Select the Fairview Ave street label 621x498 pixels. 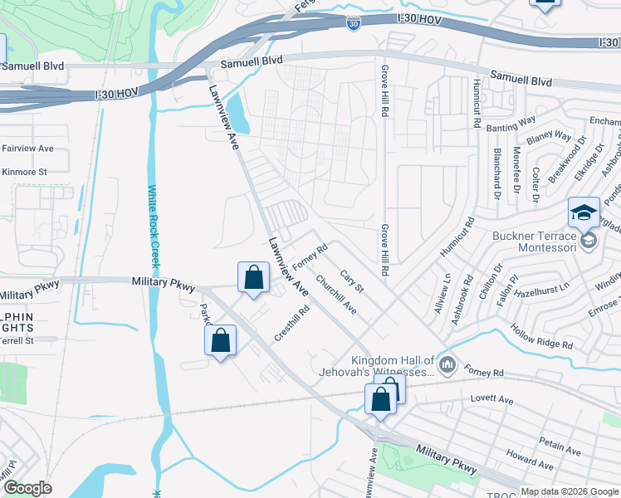tap(27, 149)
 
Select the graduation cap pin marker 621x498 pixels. tap(584, 213)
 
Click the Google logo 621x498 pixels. tap(27, 488)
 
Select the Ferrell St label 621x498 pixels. tap(17, 340)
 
